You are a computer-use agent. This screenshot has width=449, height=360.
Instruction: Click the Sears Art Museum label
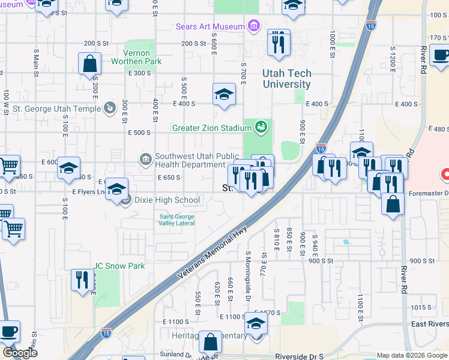pyautogui.click(x=210, y=26)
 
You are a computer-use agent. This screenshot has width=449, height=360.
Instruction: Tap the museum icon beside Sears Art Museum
pyautogui.click(x=254, y=26)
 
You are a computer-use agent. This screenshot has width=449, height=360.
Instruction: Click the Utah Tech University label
pyautogui.click(x=287, y=79)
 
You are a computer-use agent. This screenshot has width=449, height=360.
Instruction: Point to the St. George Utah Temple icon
pyautogui.click(x=109, y=109)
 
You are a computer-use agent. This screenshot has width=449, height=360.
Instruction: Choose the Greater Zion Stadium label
pyautogui.click(x=211, y=128)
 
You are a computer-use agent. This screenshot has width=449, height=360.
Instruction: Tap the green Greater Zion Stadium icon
pyautogui.click(x=261, y=127)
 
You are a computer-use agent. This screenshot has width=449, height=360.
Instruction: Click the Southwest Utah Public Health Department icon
pyautogui.click(x=146, y=159)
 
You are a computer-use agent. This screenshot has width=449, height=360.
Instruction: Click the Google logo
pyautogui.click(x=19, y=353)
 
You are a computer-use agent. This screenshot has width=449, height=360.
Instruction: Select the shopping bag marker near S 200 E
pyautogui.click(x=89, y=64)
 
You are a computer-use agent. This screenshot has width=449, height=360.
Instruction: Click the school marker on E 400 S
pyautogui.click(x=224, y=94)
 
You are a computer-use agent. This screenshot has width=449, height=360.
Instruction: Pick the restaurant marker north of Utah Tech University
pyautogui.click(x=278, y=43)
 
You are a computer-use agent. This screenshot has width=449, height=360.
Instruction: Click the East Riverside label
pyautogui.click(x=430, y=324)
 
